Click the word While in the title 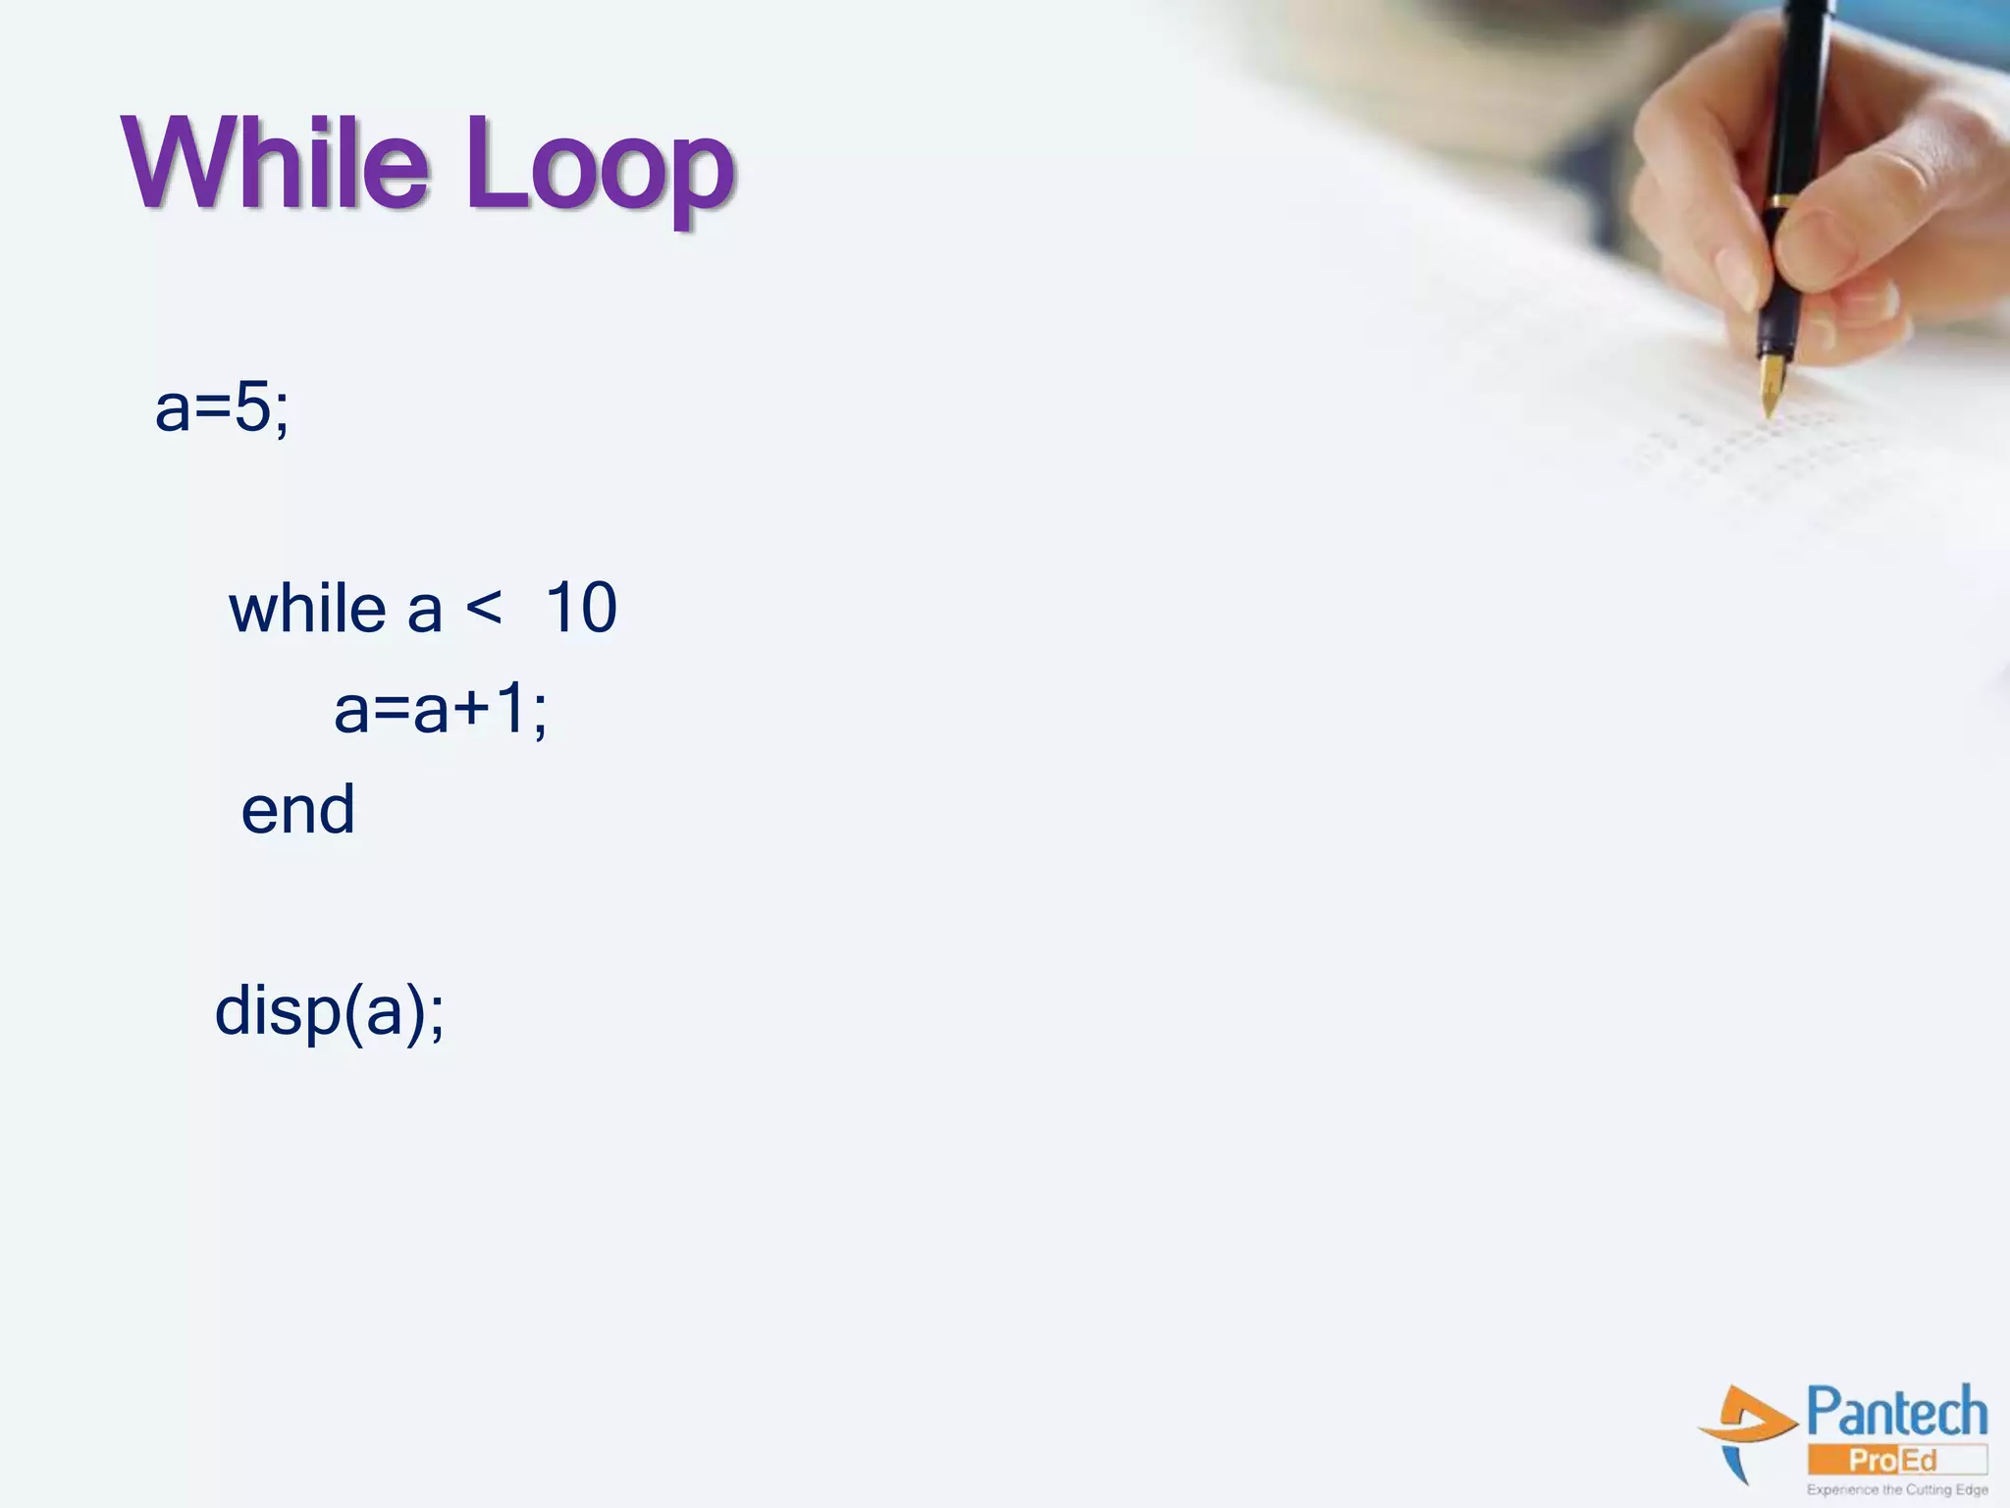coord(276,164)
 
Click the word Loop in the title coord(599,169)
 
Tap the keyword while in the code coord(307,608)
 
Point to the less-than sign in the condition coord(484,606)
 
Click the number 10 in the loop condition coord(581,608)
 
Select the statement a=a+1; coord(440,709)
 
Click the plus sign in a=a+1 coord(471,710)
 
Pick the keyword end coord(298,810)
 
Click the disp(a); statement coord(330,1011)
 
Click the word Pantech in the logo coord(1896,1413)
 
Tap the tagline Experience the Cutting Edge coord(1897,1489)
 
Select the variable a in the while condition coord(424,610)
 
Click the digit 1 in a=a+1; coord(510,708)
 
